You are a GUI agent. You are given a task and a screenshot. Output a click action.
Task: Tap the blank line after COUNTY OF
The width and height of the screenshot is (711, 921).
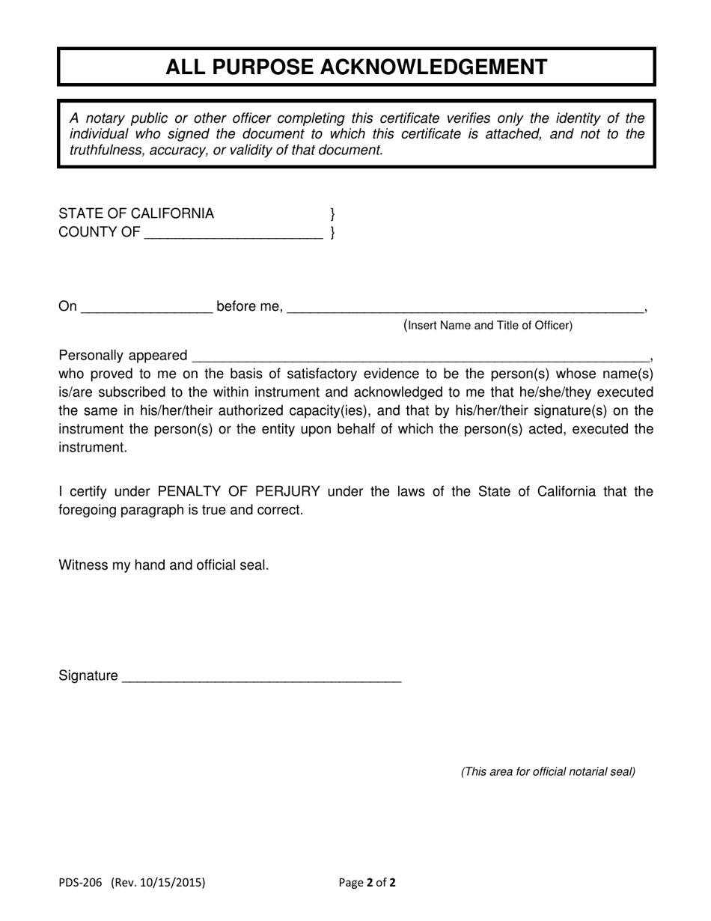tap(233, 234)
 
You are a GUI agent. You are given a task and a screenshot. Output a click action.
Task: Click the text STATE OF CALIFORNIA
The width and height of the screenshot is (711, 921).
tap(136, 213)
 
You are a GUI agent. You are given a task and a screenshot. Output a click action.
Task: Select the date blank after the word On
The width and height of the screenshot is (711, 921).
tap(146, 307)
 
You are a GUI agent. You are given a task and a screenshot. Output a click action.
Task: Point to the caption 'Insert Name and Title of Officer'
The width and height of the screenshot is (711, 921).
tap(488, 325)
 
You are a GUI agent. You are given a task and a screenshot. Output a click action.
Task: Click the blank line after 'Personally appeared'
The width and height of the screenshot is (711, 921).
tap(421, 356)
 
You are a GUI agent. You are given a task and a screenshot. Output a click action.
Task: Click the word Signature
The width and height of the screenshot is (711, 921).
tap(88, 676)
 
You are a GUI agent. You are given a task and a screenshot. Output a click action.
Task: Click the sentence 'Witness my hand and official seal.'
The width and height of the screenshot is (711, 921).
tap(164, 565)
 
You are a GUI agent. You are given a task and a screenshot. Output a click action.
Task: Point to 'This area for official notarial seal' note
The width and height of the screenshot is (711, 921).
tap(548, 771)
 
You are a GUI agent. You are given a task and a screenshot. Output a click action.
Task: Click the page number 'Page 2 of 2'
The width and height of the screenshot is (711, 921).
tap(367, 882)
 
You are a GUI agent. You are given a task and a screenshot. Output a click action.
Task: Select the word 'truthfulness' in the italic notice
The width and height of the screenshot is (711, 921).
tap(108, 150)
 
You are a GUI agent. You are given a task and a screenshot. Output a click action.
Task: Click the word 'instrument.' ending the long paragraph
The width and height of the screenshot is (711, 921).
tap(93, 448)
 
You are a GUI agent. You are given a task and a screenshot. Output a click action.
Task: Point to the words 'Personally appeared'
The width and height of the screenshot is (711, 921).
tap(123, 355)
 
